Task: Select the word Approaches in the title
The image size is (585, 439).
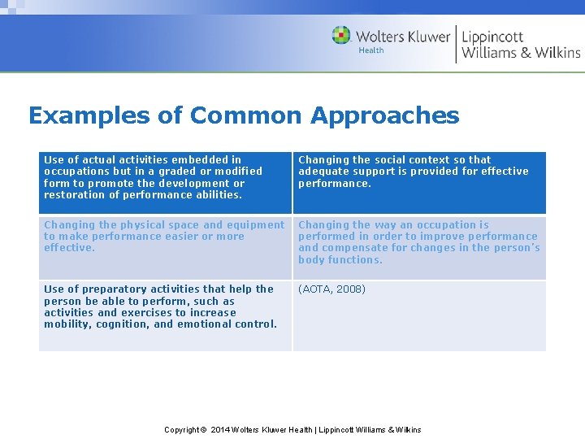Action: pyautogui.click(x=384, y=116)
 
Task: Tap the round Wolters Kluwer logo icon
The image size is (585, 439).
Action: pyautogui.click(x=341, y=35)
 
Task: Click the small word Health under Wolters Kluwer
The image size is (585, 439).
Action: pyautogui.click(x=371, y=50)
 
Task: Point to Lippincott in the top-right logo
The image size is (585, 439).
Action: pyautogui.click(x=492, y=37)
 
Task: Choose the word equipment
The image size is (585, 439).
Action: pyautogui.click(x=255, y=225)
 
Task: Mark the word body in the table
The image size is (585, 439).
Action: pyautogui.click(x=311, y=260)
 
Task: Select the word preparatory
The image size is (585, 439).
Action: pyautogui.click(x=110, y=289)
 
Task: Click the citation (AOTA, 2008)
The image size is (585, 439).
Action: pyautogui.click(x=332, y=289)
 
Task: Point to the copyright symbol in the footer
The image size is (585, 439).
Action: pyautogui.click(x=205, y=430)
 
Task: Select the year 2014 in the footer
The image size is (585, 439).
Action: pyautogui.click(x=220, y=430)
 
